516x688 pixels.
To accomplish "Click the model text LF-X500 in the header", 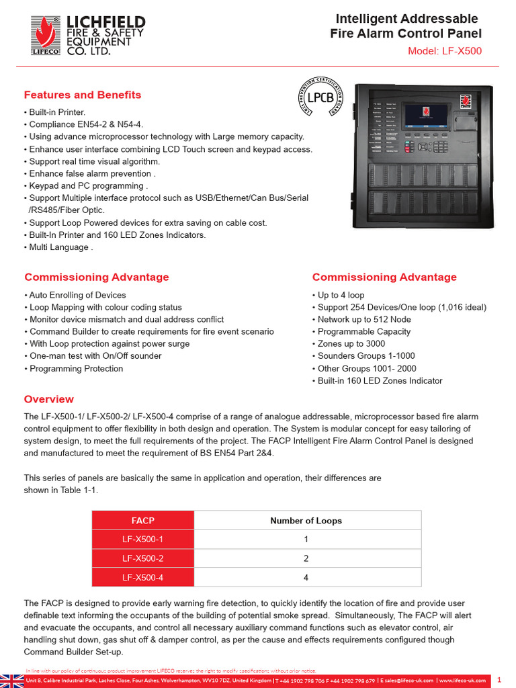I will coord(445,51).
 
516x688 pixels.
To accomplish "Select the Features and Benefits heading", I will coord(83,95).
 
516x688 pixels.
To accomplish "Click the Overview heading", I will coord(49,399).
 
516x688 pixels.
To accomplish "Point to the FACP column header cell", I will coord(142,521).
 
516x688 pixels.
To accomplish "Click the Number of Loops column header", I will coord(306,521).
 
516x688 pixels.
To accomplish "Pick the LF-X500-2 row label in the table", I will coord(142,558).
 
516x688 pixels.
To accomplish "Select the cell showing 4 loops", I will coord(306,577).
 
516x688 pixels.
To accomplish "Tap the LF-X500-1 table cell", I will coord(142,540).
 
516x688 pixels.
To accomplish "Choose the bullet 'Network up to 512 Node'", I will coord(363,320).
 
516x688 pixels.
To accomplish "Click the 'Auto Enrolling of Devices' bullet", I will coord(77,295).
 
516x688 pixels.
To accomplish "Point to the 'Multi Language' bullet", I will coord(58,247).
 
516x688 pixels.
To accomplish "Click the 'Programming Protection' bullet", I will coord(75,368).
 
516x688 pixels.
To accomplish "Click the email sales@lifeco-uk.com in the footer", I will coord(407,681).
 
